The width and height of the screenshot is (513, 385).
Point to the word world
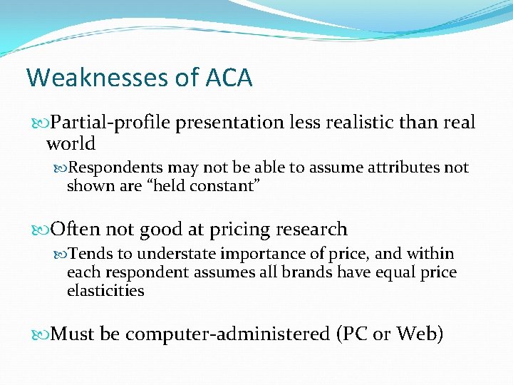tap(71, 143)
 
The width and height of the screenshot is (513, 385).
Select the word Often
tap(75, 230)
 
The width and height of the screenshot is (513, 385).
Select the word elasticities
tap(105, 291)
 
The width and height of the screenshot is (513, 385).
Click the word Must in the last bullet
tap(74, 334)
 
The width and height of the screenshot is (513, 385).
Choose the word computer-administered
tap(230, 334)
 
